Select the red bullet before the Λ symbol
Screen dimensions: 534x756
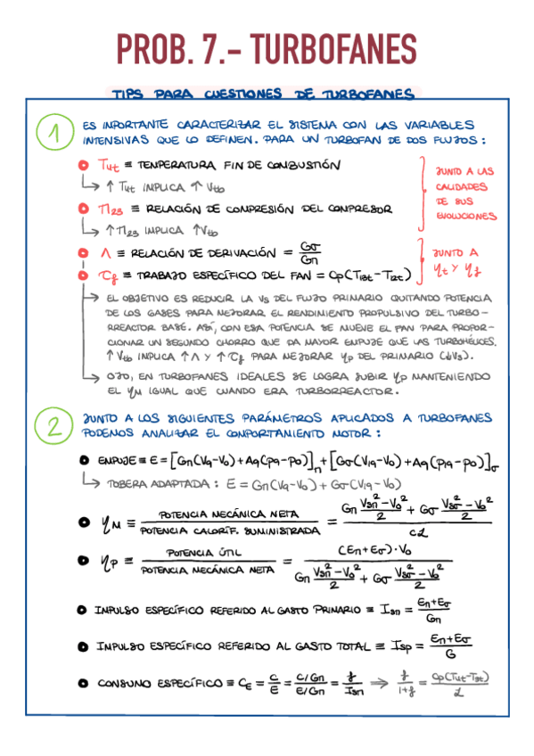tap(82, 252)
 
